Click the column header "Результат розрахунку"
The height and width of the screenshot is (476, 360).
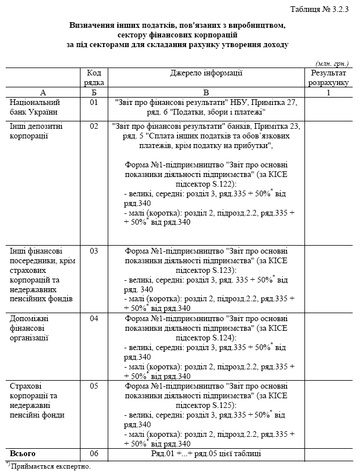(x=328, y=78)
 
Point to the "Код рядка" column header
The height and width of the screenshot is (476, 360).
(x=95, y=78)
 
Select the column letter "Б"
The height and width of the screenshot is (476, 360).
(x=94, y=92)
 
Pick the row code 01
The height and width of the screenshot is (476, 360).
(x=94, y=102)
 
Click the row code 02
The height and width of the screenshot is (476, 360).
(x=94, y=126)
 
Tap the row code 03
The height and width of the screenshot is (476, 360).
(x=94, y=250)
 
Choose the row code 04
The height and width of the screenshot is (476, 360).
(x=94, y=318)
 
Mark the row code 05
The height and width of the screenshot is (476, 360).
(x=94, y=386)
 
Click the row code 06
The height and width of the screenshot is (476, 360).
(x=94, y=454)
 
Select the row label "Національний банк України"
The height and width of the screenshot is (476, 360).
(x=35, y=107)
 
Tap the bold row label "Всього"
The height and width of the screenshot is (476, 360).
(x=23, y=454)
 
